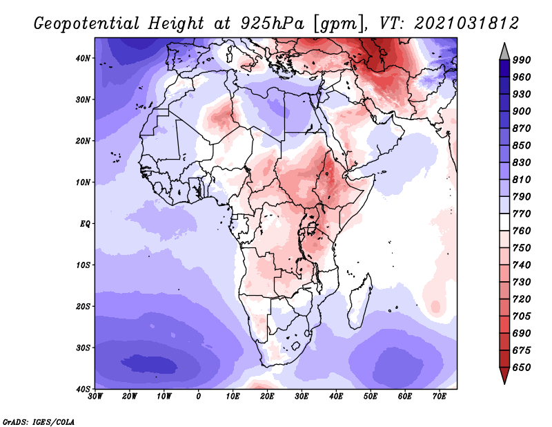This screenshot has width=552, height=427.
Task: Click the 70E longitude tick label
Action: point(439,395)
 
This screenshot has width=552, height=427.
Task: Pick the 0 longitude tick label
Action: point(199,395)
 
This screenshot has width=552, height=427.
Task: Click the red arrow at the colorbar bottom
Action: point(504,375)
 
